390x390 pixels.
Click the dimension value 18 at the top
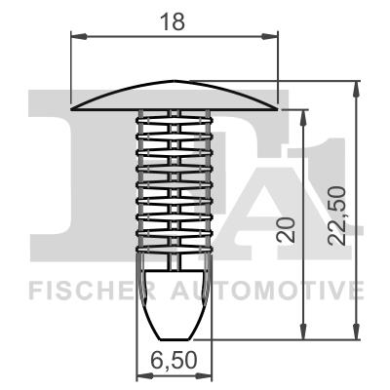click(176, 19)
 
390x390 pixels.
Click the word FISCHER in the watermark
click(83, 290)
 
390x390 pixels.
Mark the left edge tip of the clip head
click(74, 104)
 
